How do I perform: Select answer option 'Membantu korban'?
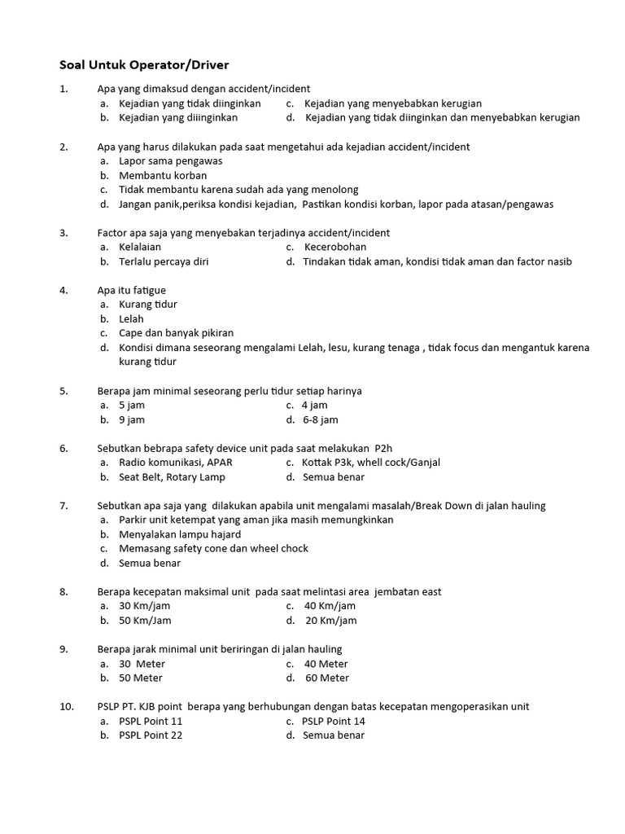(163, 175)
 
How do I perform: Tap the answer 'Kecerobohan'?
(335, 247)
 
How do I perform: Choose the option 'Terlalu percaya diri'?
(164, 261)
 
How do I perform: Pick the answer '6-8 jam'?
(320, 419)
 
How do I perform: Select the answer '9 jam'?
(132, 419)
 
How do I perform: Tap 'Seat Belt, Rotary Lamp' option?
(172, 476)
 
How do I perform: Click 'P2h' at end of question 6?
(382, 448)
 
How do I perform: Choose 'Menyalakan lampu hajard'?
(180, 534)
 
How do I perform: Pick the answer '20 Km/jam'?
(330, 620)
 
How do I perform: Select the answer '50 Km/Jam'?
(145, 620)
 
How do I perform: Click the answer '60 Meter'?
(327, 678)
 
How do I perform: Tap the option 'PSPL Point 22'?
(151, 735)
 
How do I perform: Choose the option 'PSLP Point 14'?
(333, 721)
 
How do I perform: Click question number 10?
(67, 706)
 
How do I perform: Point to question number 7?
(63, 506)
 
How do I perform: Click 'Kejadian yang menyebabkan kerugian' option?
(393, 103)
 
